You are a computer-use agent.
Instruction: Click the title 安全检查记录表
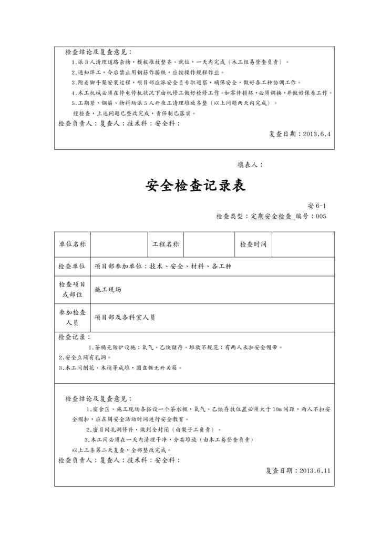[195, 186]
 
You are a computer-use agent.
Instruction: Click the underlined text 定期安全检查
[271, 216]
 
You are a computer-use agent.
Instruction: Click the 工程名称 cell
[165, 244]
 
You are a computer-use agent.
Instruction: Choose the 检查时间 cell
[253, 244]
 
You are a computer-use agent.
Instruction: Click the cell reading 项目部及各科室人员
[125, 318]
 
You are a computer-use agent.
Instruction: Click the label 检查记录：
[74, 337]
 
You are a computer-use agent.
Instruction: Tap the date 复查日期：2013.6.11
[298, 470]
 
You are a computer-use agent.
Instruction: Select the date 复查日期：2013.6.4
[300, 134]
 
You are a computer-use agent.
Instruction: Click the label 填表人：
[251, 165]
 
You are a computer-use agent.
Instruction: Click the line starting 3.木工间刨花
[120, 367]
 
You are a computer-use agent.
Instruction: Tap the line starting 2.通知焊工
[147, 73]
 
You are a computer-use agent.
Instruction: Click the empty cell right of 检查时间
[303, 244]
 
